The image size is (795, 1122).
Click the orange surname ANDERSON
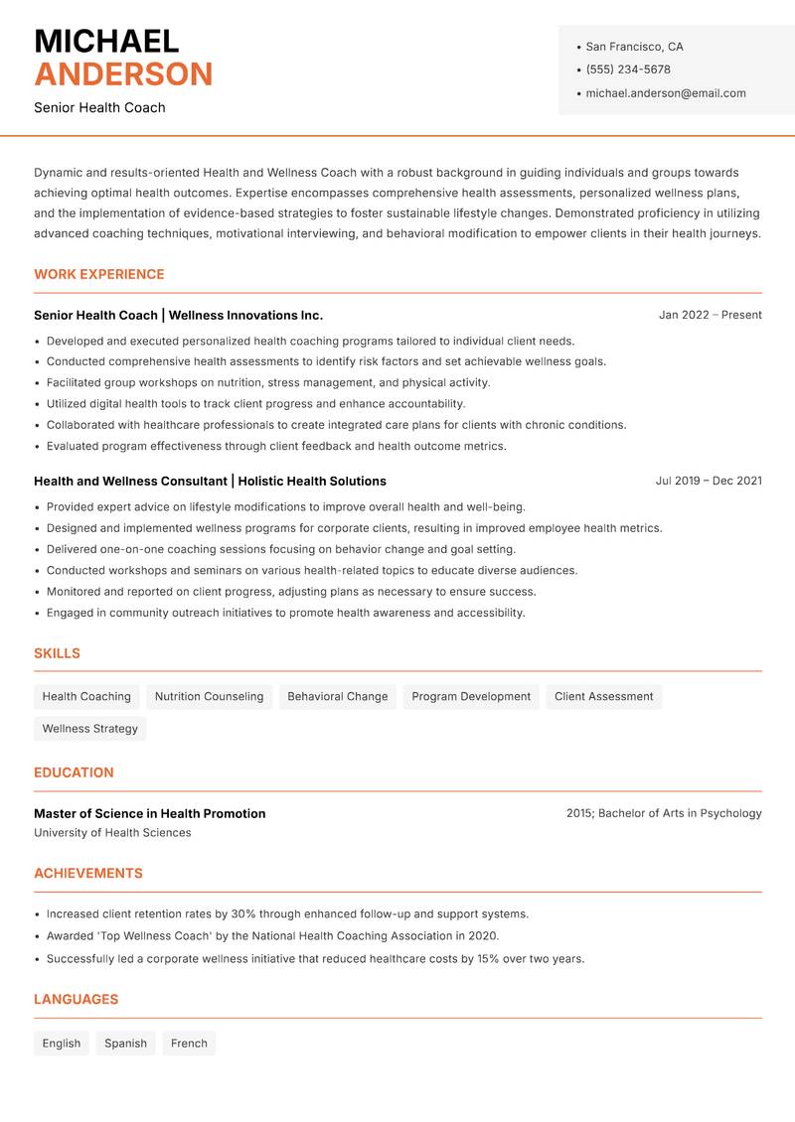click(123, 74)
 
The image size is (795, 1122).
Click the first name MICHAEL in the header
click(106, 42)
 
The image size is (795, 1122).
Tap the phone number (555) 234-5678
click(627, 70)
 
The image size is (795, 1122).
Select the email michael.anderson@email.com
click(665, 93)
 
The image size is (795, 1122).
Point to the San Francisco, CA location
click(634, 47)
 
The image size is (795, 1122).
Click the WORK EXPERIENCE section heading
click(99, 274)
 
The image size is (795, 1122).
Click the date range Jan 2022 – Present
click(710, 315)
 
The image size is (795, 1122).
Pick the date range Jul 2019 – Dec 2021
click(709, 481)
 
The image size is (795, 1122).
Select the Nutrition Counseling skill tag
click(209, 697)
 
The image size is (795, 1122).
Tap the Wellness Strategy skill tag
click(90, 729)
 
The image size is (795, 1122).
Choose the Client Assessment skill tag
click(603, 697)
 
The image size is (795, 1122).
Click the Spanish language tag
click(125, 1044)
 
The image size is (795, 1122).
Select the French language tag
click(189, 1044)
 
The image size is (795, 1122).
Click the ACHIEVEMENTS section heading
click(88, 874)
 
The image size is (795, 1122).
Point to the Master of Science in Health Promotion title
click(149, 813)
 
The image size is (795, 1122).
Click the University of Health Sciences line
click(112, 833)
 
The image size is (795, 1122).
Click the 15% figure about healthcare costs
click(488, 959)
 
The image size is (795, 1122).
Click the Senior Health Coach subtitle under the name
click(99, 107)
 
